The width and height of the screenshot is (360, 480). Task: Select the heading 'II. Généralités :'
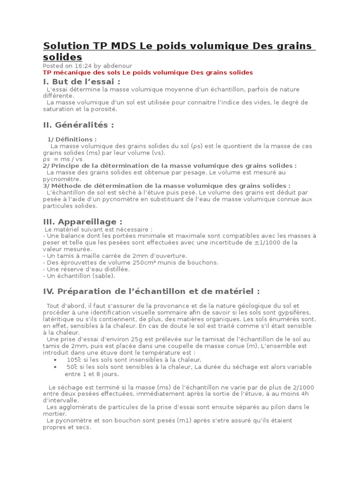tap(78, 125)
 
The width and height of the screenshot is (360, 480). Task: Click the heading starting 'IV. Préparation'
tap(151, 291)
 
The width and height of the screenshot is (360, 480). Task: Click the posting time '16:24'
tap(83, 66)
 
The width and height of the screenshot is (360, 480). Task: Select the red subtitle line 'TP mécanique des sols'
tap(148, 73)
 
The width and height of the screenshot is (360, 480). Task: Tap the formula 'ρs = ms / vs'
tap(62, 159)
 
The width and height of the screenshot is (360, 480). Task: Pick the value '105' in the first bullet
tap(72, 360)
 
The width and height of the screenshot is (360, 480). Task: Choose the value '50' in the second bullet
tap(71, 367)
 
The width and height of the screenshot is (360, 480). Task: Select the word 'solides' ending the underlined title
tap(62, 57)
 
